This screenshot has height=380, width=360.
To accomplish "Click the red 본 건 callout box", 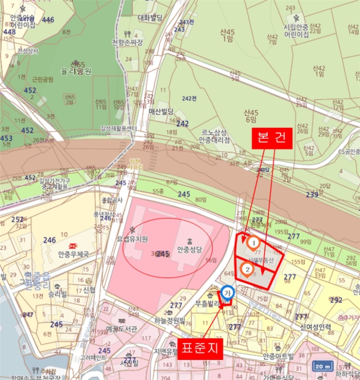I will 272,137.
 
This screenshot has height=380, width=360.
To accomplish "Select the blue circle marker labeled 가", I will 228,292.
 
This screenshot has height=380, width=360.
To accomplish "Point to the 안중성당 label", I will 189,250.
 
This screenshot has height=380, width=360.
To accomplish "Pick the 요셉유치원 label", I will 132,239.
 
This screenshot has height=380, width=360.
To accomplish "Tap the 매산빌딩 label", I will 161,111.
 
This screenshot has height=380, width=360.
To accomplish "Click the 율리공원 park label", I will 77,71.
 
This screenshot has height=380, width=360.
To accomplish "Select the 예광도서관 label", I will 123,329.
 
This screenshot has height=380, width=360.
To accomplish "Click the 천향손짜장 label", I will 127,42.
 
